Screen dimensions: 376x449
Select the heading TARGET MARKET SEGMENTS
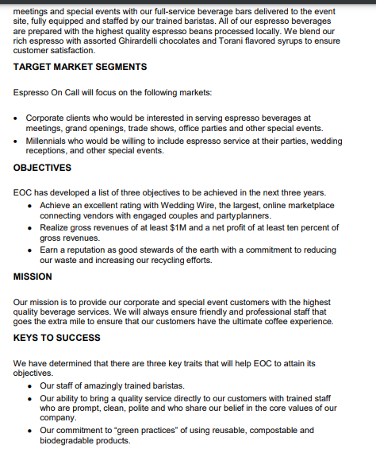80,67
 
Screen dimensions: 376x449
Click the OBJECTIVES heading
43,168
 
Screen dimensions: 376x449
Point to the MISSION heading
33,277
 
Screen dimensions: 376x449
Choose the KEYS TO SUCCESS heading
57,338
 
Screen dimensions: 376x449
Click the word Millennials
51,141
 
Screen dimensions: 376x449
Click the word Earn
50,249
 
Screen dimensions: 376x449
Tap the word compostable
228,430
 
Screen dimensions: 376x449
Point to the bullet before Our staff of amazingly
30,386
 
